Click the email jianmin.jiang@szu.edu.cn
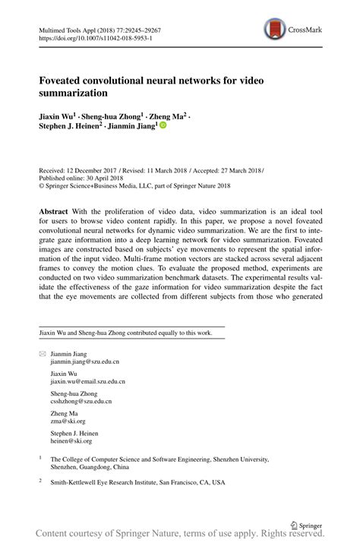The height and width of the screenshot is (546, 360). pyautogui.click(x=84, y=363)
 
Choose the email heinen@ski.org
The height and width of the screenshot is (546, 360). pyautogui.click(x=71, y=440)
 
